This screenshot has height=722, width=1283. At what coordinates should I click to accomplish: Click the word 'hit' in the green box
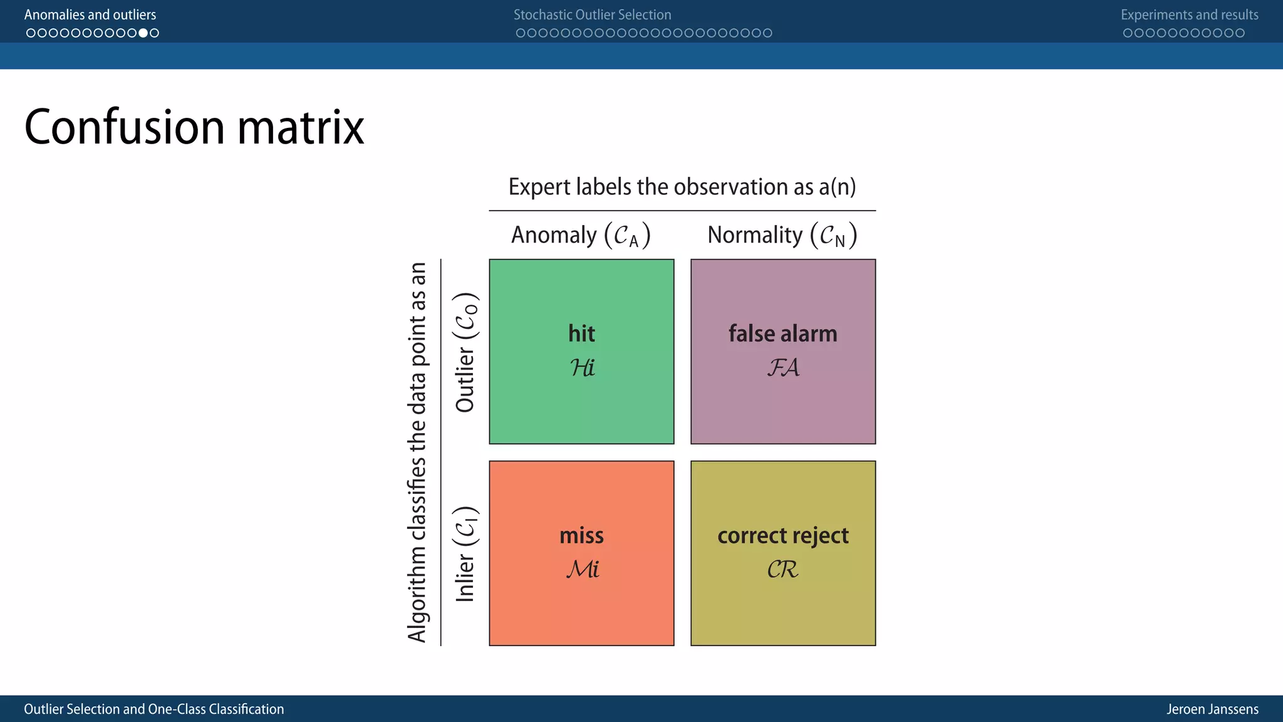(581, 333)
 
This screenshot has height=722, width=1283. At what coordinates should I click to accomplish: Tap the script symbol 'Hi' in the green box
(582, 368)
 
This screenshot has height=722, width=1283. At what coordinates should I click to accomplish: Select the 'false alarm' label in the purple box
(782, 333)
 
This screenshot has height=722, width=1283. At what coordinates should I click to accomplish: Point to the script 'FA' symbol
(783, 368)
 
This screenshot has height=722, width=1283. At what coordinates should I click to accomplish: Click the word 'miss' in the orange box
(581, 536)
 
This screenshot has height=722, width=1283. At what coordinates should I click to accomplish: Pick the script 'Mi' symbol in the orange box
(583, 570)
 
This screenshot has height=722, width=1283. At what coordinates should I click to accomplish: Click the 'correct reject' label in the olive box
(782, 536)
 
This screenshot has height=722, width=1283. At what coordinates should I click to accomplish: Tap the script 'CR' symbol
(782, 570)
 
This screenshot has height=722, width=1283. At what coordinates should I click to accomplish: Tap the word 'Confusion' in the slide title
(124, 127)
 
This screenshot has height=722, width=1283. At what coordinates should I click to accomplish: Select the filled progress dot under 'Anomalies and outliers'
(143, 33)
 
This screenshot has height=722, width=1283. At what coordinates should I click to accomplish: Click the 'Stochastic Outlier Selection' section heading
(592, 14)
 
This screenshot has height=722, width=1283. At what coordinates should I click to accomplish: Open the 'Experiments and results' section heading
(1189, 14)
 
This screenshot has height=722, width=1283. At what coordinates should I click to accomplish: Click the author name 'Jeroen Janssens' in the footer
(1212, 709)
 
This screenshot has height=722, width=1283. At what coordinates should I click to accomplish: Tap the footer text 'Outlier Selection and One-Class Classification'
(154, 709)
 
